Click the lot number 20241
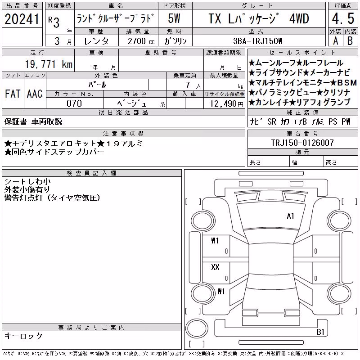(x=22, y=19)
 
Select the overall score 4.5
(x=343, y=18)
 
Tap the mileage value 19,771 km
(x=49, y=64)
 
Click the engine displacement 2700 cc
(x=141, y=41)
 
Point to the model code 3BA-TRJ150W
(x=257, y=41)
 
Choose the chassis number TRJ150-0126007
(x=302, y=143)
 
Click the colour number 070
(x=74, y=103)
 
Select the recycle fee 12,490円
(x=227, y=104)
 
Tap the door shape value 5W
(x=174, y=18)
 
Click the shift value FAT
(x=13, y=94)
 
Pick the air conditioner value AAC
(x=35, y=94)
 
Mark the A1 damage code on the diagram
(x=290, y=216)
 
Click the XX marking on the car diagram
(x=215, y=267)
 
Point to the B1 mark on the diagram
(x=320, y=332)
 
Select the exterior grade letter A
(x=336, y=41)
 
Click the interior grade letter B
(x=350, y=41)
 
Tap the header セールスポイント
(x=302, y=53)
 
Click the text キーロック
(x=23, y=336)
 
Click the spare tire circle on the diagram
(x=197, y=328)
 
